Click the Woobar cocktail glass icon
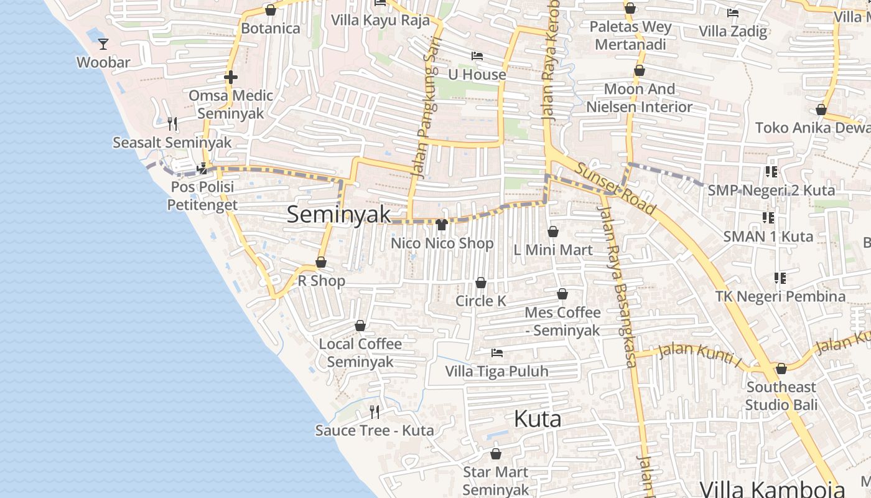[x=103, y=44]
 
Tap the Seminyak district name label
[x=339, y=214]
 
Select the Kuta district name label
[x=538, y=419]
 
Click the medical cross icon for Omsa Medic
[x=231, y=77]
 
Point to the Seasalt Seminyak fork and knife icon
[x=172, y=124]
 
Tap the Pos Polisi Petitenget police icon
[x=202, y=168]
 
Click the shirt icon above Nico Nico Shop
[x=442, y=224]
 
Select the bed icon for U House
[x=477, y=56]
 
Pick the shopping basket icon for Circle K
[x=481, y=283]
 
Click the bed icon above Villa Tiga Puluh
[x=496, y=353]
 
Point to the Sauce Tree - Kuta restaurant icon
[x=375, y=411]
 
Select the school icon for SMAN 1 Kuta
[x=768, y=218]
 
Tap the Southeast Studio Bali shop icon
[x=781, y=369]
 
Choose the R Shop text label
[x=321, y=281]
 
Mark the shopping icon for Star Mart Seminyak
[x=496, y=454]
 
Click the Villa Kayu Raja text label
[x=380, y=20]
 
